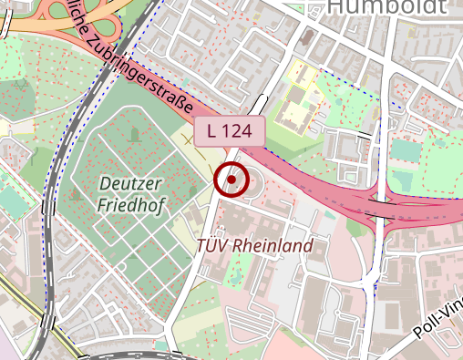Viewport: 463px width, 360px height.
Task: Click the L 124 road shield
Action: (229, 130)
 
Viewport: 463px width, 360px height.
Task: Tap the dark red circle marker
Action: (231, 180)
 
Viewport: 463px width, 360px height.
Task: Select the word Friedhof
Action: (129, 206)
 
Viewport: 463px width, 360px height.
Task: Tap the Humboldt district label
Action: (386, 7)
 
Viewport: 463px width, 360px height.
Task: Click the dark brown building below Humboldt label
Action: (306, 39)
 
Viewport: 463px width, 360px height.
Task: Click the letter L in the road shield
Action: (212, 130)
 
